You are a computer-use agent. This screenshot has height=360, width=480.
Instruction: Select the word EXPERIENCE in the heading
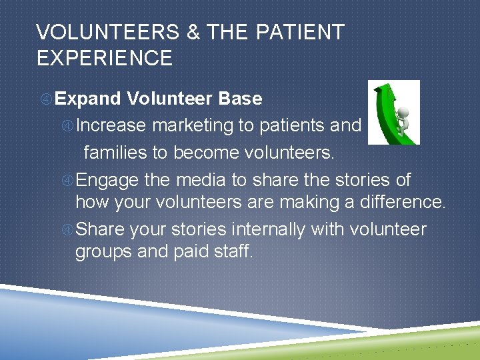pyautogui.click(x=105, y=58)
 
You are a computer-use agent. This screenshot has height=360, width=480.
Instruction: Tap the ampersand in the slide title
pyautogui.click(x=194, y=32)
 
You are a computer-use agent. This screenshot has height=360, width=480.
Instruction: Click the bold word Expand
pyautogui.click(x=88, y=99)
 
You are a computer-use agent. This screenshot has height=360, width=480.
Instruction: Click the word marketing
pyautogui.click(x=195, y=126)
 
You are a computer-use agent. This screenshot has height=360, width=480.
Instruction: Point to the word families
pyautogui.click(x=115, y=153)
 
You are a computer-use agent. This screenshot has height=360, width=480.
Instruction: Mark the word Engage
pyautogui.click(x=107, y=181)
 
